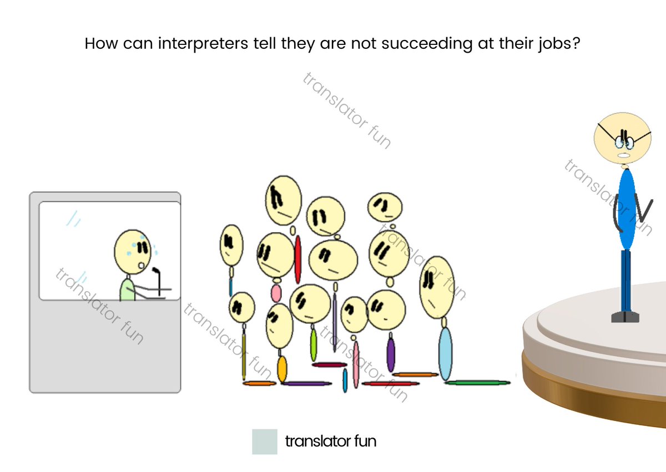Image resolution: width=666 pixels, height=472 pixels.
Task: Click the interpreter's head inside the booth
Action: pyautogui.click(x=132, y=251)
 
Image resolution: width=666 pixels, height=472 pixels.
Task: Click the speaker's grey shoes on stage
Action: pyautogui.click(x=625, y=317)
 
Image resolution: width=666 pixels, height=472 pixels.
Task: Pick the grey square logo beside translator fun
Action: pyautogui.click(x=264, y=441)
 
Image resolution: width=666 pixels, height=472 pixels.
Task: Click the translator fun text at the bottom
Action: pyautogui.click(x=330, y=441)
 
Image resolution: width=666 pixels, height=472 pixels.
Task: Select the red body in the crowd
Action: pyautogui.click(x=298, y=259)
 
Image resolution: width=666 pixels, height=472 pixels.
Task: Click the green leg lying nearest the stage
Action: pyautogui.click(x=477, y=382)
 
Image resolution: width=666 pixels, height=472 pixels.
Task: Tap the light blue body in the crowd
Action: pyautogui.click(x=445, y=353)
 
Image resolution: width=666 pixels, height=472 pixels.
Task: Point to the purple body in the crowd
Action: pyautogui.click(x=391, y=354)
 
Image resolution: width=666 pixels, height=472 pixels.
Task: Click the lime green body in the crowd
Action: pyautogui.click(x=314, y=344)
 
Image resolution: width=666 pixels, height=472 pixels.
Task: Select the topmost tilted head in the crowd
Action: pyautogui.click(x=284, y=200)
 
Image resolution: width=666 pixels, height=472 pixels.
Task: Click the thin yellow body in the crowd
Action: pyautogui.click(x=244, y=355)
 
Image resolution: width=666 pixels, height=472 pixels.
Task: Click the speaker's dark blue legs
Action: pyautogui.click(x=626, y=280)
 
